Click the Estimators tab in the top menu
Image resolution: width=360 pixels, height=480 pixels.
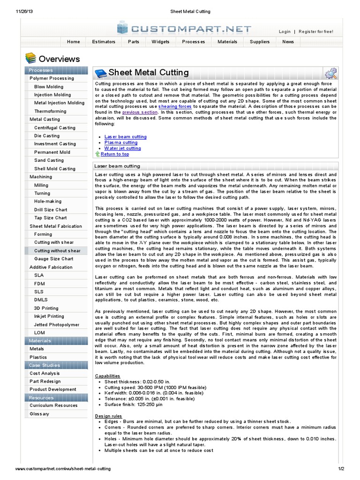point(104,42)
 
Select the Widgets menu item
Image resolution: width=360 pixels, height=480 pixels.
point(160,42)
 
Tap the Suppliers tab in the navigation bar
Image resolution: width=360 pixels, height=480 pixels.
point(259,42)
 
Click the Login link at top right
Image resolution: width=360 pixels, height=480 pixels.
point(285,32)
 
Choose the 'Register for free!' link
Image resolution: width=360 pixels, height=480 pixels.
point(316,32)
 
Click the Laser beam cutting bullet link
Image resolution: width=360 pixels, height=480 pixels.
point(125,137)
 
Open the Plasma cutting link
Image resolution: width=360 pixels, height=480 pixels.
point(121,142)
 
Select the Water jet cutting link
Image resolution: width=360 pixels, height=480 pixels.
point(122,148)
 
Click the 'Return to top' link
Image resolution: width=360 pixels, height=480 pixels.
point(114,154)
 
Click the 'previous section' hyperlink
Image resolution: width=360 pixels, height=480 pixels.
point(140,112)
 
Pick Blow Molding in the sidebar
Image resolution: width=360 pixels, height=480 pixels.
point(49,87)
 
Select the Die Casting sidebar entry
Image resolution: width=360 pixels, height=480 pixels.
point(47,136)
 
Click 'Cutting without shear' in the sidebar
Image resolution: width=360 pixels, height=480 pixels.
point(57,251)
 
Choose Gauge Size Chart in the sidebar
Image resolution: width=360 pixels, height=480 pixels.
point(54,259)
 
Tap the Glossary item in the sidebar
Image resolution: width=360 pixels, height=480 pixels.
point(39,414)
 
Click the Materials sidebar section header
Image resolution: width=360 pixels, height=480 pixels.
point(40,341)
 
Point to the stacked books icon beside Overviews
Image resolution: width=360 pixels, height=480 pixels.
point(30,59)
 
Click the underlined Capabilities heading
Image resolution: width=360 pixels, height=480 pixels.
point(107,376)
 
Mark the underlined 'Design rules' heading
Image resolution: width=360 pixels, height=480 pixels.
point(108,416)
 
